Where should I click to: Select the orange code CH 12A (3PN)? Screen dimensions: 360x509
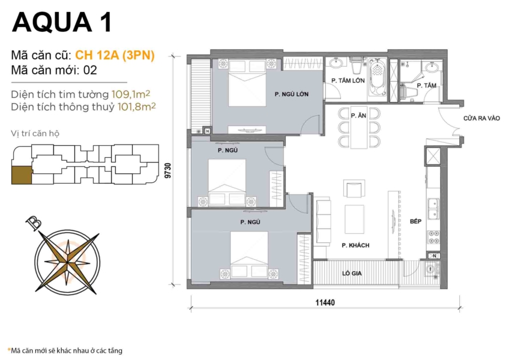point(115,55)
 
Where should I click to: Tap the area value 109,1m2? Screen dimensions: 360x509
point(134,94)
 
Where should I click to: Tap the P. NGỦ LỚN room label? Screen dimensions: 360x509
point(291,94)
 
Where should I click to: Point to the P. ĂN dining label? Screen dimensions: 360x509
point(358,115)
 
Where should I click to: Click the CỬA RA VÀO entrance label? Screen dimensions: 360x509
point(481,119)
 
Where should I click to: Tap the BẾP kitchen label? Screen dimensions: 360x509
point(416,221)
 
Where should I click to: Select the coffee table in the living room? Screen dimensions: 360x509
point(354,217)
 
